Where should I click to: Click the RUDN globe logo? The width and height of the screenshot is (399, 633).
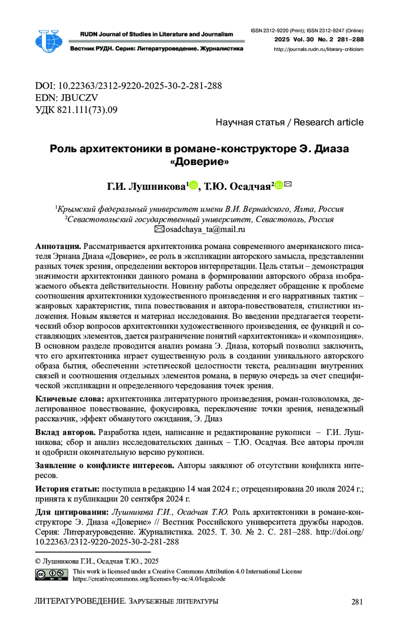49,41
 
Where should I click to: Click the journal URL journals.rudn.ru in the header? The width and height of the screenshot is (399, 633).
318,49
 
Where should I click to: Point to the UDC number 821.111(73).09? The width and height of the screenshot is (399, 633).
87,110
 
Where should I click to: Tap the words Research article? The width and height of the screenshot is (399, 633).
328,123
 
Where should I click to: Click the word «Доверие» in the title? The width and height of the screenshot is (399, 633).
199,162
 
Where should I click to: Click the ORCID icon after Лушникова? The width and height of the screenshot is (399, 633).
193,185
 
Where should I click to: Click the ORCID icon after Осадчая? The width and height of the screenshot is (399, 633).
279,185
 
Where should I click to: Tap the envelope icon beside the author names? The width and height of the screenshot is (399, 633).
288,184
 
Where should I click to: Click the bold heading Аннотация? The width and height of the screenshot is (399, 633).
58,246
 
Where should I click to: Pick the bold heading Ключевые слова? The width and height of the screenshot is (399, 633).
70,399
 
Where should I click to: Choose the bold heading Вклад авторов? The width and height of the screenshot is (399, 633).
65,432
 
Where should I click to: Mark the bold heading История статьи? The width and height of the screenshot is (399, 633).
67,489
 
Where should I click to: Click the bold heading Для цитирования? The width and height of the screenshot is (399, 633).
72,512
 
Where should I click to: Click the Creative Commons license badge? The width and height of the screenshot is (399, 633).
52,575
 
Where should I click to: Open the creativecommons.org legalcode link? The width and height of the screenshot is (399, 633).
149,579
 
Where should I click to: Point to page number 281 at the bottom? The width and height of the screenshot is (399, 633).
357,601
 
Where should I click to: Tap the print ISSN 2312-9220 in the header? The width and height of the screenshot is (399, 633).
269,31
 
